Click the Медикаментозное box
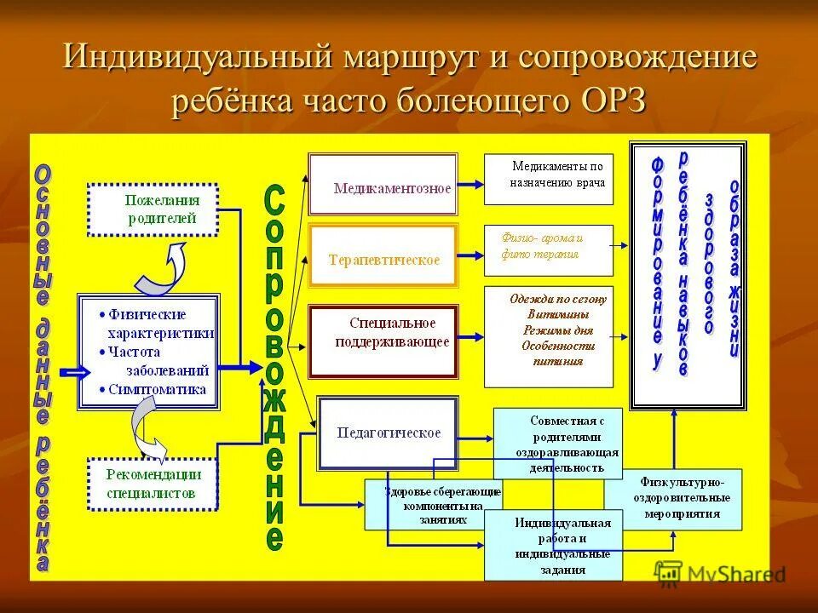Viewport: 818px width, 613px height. (x=383, y=185)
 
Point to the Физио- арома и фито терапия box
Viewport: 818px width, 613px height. (x=548, y=249)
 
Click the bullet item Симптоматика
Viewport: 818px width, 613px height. (x=157, y=389)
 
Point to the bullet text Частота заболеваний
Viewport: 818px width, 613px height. (x=157, y=360)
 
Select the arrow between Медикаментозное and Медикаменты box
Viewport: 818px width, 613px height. (x=470, y=184)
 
